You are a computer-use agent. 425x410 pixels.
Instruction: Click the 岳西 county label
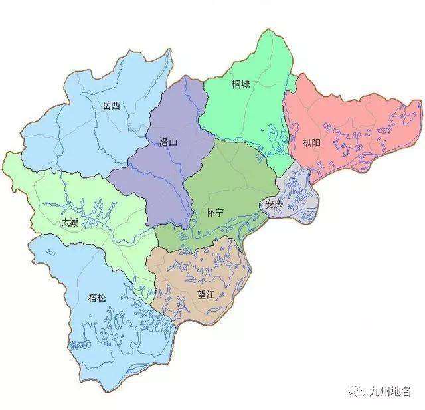112,105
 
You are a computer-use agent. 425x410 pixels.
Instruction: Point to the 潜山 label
169,142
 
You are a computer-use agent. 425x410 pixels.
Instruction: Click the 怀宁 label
215,211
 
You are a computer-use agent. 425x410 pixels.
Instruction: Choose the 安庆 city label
274,204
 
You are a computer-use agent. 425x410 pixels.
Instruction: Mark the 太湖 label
70,223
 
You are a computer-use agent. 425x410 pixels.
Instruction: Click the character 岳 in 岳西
107,105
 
